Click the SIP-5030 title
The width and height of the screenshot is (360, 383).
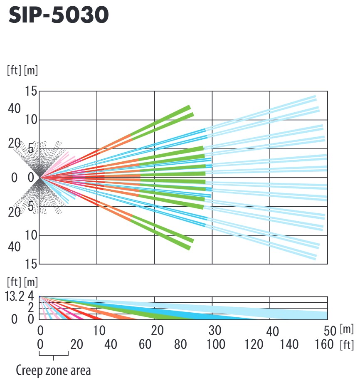pyautogui.click(x=58, y=15)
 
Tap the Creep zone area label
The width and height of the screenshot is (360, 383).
pyautogui.click(x=53, y=370)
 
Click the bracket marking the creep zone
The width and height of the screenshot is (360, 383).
pyautogui.click(x=54, y=355)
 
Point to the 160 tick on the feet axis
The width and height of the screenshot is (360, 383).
pyautogui.click(x=324, y=344)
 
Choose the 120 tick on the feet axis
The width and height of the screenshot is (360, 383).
pyautogui.click(x=254, y=344)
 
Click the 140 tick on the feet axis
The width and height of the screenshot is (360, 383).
pyautogui.click(x=289, y=344)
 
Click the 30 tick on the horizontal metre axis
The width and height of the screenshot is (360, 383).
pyautogui.click(x=215, y=331)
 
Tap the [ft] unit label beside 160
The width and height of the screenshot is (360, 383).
pyautogui.click(x=347, y=344)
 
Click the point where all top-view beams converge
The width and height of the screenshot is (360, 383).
pyautogui.click(x=40, y=178)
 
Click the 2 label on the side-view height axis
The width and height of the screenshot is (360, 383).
pyautogui.click(x=31, y=308)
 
